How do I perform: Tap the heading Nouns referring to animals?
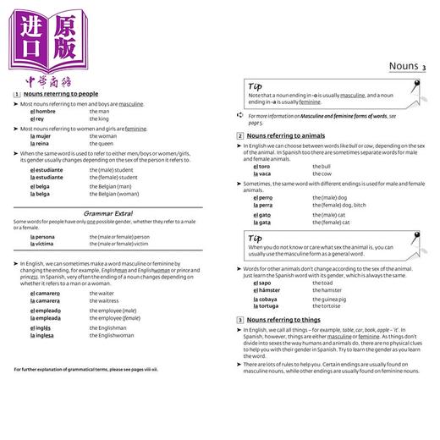coord(283,135)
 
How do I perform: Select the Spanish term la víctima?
coord(43,245)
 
